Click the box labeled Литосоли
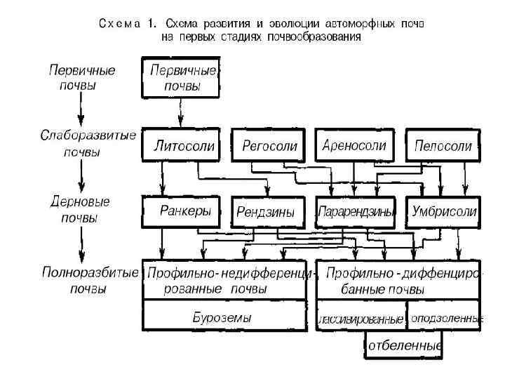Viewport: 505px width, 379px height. pos(184,147)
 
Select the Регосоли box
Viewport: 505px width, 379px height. pos(269,147)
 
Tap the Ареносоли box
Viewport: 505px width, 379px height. pos(354,147)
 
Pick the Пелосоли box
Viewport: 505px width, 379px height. pos(443,147)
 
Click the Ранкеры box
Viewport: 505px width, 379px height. pos(184,211)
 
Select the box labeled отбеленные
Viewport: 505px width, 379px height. pos(405,346)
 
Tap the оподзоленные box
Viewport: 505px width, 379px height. pos(446,318)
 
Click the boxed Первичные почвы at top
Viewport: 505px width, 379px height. pos(182,79)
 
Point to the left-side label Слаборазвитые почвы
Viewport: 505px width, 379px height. pos(88,142)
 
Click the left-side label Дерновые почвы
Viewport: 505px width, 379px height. pos(81,209)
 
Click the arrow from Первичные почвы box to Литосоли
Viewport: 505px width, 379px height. pos(181,112)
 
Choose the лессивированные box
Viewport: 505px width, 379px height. pos(361,319)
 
